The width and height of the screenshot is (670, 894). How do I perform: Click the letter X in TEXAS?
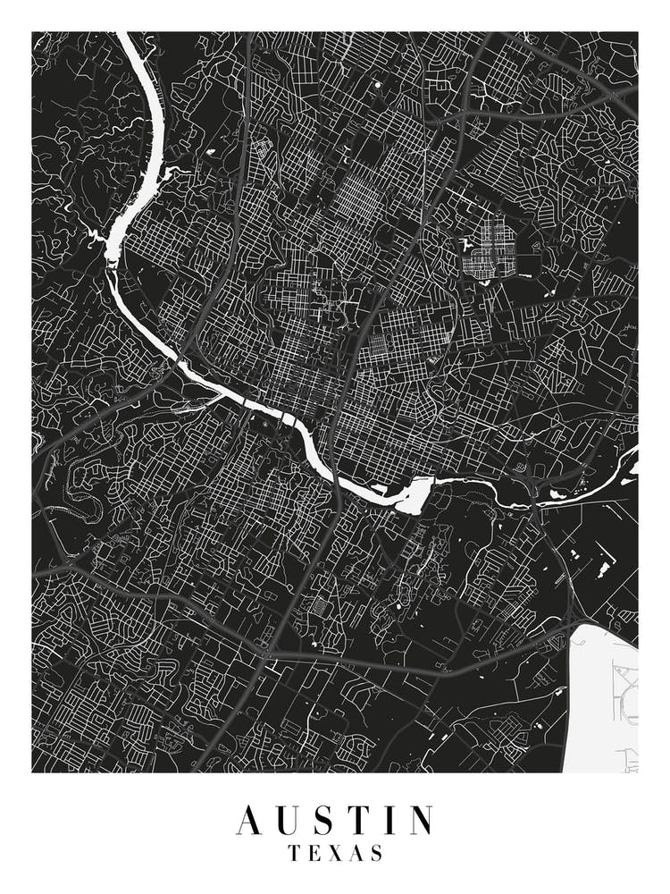click(x=336, y=854)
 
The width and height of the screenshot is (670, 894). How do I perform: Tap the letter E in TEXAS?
click(x=315, y=854)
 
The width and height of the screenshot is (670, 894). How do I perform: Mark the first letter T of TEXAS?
click(x=295, y=854)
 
